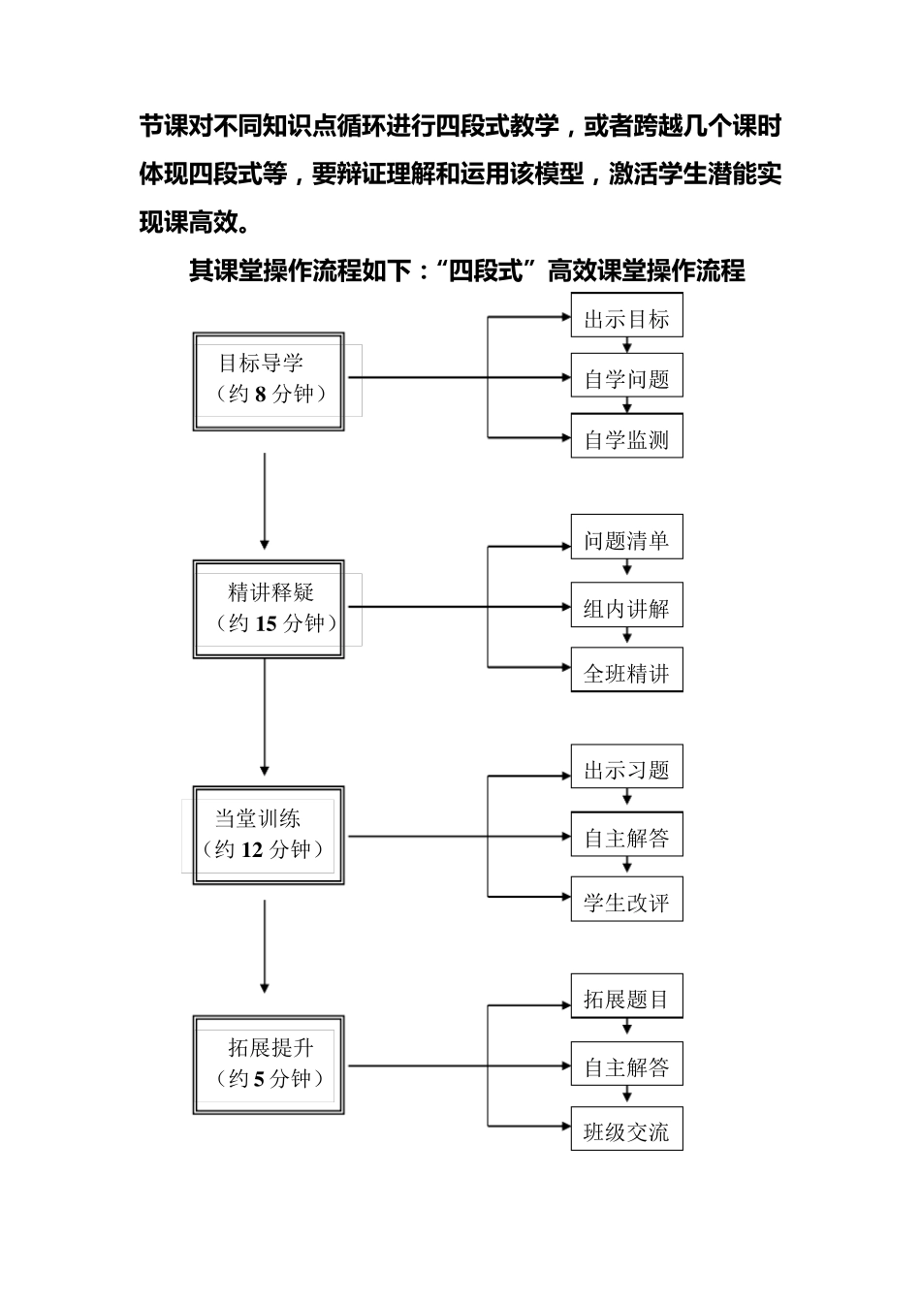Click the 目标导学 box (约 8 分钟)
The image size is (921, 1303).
click(x=269, y=381)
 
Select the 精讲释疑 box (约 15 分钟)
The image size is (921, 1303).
click(x=269, y=609)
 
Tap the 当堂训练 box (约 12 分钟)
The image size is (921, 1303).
click(x=269, y=835)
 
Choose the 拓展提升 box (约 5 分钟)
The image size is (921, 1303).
click(x=269, y=1065)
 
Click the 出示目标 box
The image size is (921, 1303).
click(x=626, y=318)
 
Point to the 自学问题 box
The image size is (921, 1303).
click(x=626, y=378)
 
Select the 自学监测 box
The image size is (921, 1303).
click(x=626, y=438)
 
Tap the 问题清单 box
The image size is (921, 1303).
click(x=626, y=539)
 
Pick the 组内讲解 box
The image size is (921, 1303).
click(x=626, y=608)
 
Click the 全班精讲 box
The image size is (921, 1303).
click(x=626, y=672)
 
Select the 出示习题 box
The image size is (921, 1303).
click(x=626, y=769)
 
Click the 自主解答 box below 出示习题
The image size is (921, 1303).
click(x=626, y=837)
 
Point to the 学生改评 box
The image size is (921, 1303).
click(x=626, y=902)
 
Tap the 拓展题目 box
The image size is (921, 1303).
click(x=626, y=998)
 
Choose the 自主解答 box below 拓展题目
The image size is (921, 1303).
click(x=626, y=1066)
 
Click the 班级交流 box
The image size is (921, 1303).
click(x=626, y=1130)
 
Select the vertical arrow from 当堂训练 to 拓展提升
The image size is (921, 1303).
click(x=265, y=945)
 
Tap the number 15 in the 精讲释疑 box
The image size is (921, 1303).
click(x=266, y=623)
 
